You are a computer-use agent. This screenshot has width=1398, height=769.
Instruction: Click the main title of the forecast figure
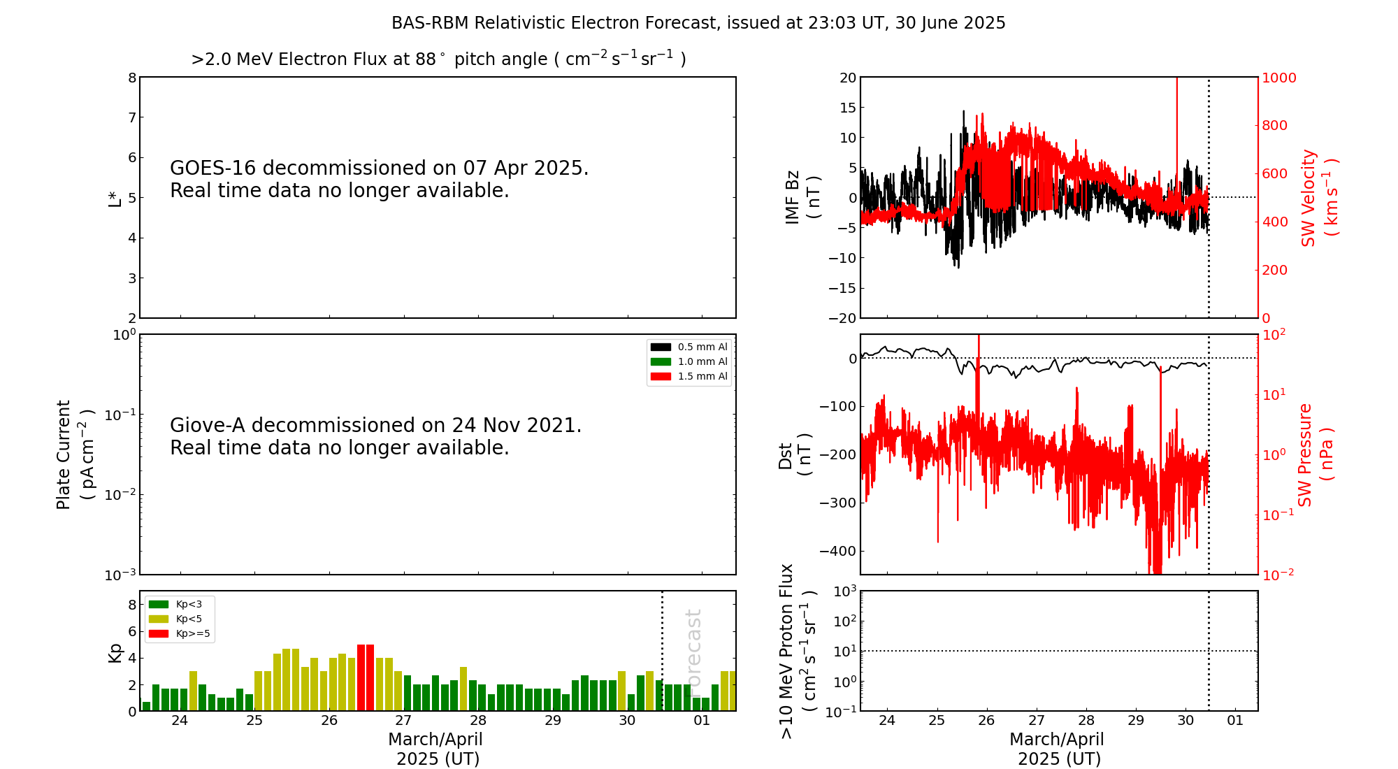(x=698, y=23)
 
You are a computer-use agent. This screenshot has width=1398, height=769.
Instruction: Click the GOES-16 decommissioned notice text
(x=379, y=179)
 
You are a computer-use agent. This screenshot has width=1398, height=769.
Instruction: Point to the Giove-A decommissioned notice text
(x=375, y=436)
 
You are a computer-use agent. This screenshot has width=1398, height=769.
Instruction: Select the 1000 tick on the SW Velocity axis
(x=1278, y=78)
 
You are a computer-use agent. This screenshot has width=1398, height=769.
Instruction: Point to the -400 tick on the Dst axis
(x=837, y=551)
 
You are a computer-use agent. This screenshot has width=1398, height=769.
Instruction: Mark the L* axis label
(x=115, y=199)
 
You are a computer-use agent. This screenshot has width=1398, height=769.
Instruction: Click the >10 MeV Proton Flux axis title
(x=798, y=651)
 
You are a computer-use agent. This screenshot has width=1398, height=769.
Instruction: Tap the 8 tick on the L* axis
(x=132, y=78)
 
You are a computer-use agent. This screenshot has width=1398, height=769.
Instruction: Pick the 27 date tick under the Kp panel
(x=403, y=721)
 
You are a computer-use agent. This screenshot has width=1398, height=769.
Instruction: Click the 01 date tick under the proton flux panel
(x=1235, y=721)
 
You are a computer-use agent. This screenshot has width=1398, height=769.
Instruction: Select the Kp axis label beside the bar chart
(x=115, y=653)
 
